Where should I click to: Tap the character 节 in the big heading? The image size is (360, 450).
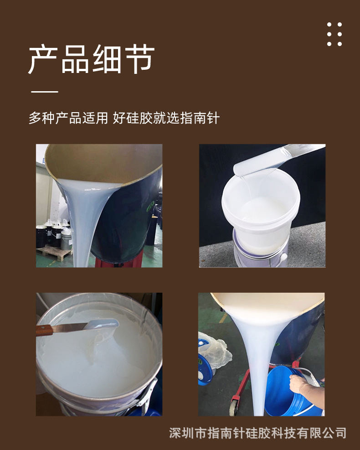coord(139,60)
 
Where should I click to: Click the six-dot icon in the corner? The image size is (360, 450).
coord(334,34)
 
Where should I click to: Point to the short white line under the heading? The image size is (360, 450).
coord(45,92)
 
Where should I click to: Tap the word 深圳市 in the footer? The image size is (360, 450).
coord(188,433)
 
